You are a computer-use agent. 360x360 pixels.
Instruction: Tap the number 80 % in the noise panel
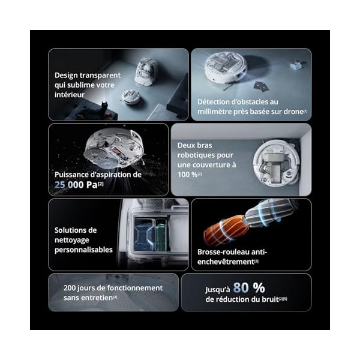pos(249,287)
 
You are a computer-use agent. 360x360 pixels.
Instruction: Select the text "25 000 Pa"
pos(76,185)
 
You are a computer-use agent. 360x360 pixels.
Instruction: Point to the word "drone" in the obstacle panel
pos(293,112)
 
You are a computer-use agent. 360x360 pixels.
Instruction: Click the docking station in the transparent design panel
pos(146,71)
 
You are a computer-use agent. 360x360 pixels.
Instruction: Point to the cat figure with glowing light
pos(104,106)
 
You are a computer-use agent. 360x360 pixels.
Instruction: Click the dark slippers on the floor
pos(261,87)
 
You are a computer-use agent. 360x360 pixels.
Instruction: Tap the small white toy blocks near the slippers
pos(296,65)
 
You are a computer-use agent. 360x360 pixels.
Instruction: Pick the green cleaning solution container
pos(161,235)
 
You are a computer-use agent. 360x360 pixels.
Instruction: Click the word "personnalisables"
pos(83,250)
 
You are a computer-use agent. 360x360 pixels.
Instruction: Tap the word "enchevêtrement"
pos(226,262)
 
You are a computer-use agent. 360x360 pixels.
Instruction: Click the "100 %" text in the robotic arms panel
pos(187,175)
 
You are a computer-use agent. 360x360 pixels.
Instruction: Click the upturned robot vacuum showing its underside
pos(113,149)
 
